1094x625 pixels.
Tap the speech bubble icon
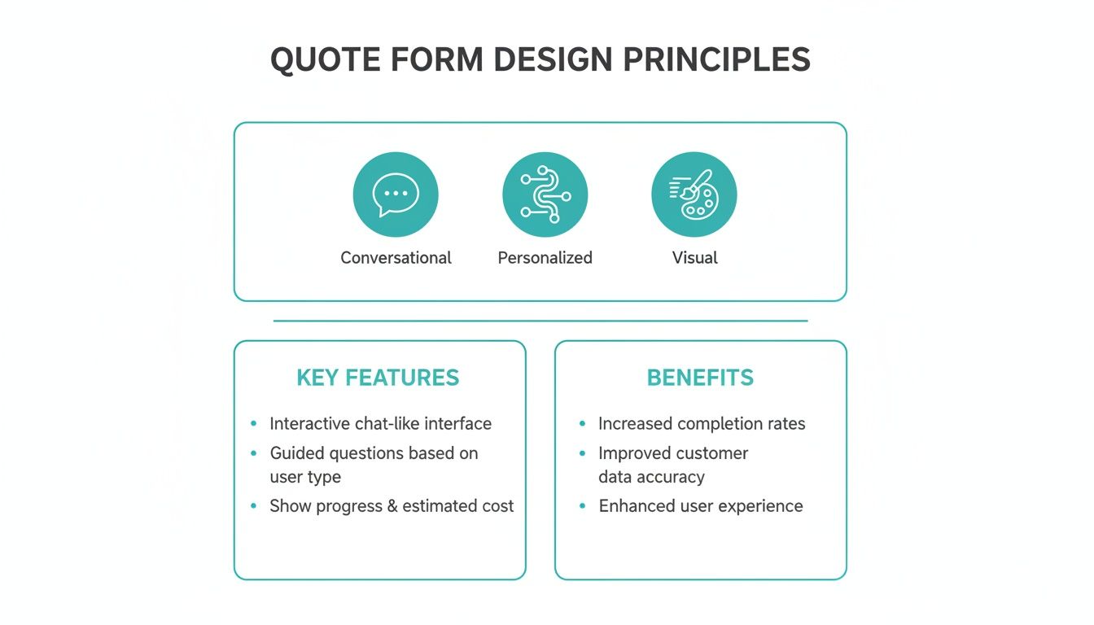click(x=396, y=194)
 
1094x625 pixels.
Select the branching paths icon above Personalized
click(x=545, y=194)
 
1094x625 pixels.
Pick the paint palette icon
click(x=694, y=194)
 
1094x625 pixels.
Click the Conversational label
click(x=396, y=258)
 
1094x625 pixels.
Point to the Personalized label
click(x=545, y=258)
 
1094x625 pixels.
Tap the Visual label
click(x=694, y=258)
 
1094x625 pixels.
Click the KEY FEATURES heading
click(x=378, y=378)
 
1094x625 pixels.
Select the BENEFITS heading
click(x=700, y=378)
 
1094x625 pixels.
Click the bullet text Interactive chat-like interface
click(x=380, y=424)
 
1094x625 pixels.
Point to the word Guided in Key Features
click(x=295, y=453)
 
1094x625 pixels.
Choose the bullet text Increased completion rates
click(x=701, y=424)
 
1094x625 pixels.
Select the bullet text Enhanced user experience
click(x=700, y=506)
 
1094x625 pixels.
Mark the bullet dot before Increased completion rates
click(x=582, y=424)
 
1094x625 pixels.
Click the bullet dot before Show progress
click(x=253, y=506)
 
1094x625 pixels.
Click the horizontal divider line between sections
click(x=540, y=321)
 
